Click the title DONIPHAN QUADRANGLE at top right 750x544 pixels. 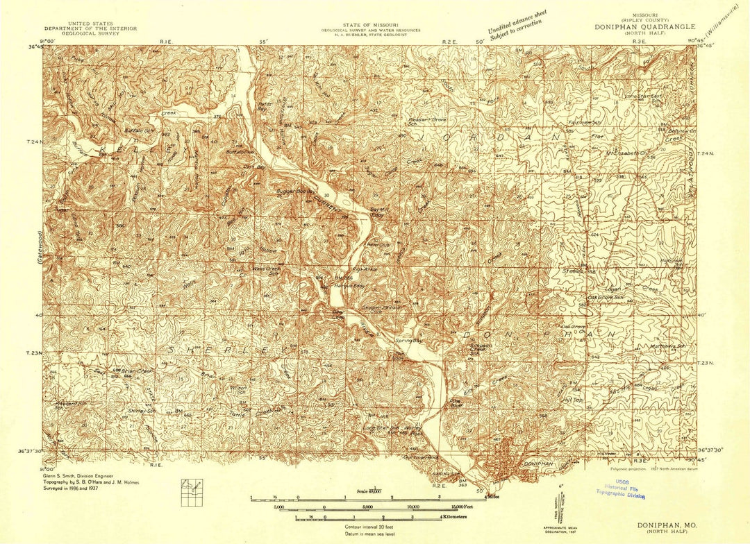(x=644, y=27)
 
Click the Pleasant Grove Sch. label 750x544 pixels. (x=428, y=122)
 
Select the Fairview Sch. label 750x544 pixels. (x=583, y=121)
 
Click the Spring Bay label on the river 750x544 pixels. (x=408, y=341)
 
